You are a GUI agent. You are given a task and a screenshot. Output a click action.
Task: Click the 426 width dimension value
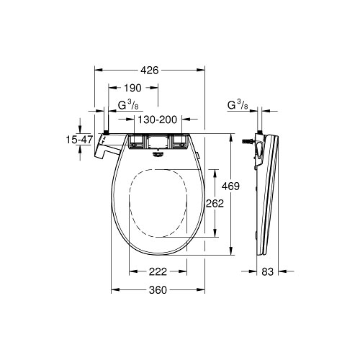point(150,70)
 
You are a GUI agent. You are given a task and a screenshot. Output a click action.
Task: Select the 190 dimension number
point(132,88)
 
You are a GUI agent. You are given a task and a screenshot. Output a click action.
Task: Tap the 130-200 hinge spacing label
point(157,120)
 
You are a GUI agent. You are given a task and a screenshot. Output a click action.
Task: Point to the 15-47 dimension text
point(79,140)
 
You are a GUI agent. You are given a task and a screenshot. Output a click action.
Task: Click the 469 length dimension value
point(230,186)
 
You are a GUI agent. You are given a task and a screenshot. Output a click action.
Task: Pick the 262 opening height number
point(215,204)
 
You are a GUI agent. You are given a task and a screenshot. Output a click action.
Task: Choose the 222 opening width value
point(158,271)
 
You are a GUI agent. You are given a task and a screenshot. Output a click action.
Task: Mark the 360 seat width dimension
point(158,290)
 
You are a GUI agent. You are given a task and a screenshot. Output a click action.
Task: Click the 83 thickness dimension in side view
point(267,271)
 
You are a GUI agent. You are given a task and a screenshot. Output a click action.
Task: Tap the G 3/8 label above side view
point(238,105)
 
